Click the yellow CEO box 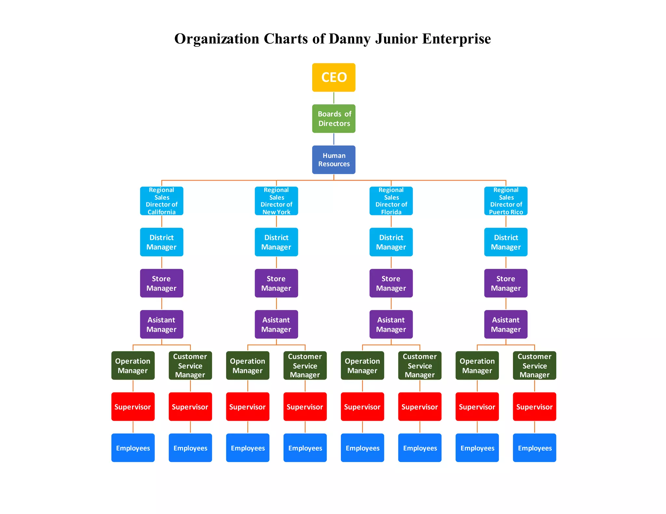[x=334, y=77]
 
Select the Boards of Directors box [x=334, y=119]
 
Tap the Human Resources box [x=334, y=160]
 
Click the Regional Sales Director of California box [x=162, y=201]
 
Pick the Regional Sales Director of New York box [x=276, y=201]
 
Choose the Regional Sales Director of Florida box [x=391, y=201]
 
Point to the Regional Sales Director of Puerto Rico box [x=506, y=201]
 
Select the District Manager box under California [x=162, y=242]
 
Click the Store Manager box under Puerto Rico [x=506, y=283]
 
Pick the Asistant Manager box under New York [x=276, y=324]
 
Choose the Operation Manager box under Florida [x=362, y=366]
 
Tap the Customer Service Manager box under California [x=190, y=366]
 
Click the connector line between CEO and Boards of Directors [x=334, y=98]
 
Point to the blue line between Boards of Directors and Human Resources [x=334, y=139]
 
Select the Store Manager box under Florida [x=391, y=283]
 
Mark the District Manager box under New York [x=276, y=242]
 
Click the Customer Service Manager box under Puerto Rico [x=534, y=366]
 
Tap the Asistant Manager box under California [x=162, y=324]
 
